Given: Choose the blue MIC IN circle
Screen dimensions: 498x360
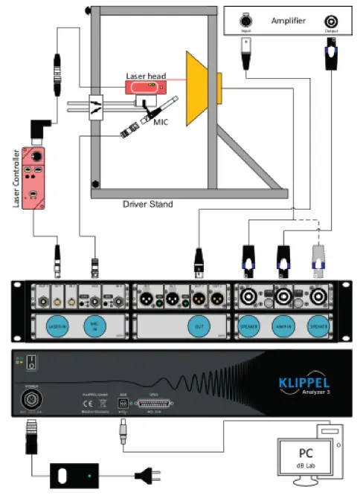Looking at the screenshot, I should tap(94, 325).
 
